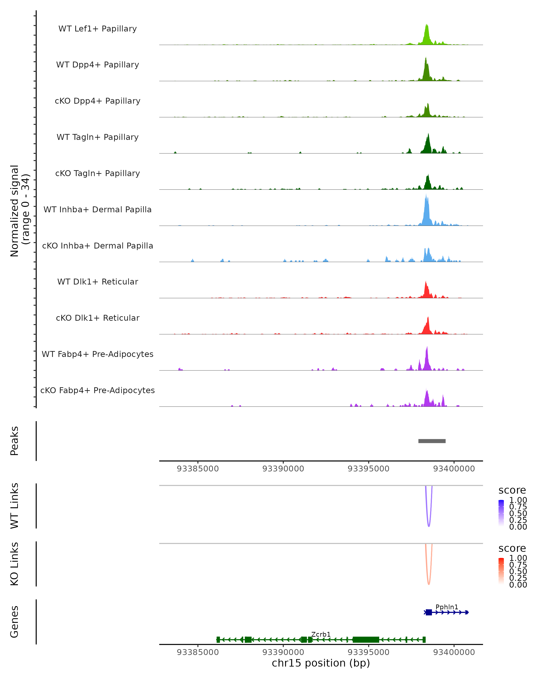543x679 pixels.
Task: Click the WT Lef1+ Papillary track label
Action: click(x=98, y=29)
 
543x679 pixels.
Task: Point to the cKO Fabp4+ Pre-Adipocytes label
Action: click(x=98, y=390)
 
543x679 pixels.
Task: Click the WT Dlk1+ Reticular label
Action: click(x=98, y=282)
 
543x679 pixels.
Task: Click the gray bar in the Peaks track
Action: click(x=432, y=441)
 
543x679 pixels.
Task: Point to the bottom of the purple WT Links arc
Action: click(x=429, y=526)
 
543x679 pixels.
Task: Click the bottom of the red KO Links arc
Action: click(x=429, y=584)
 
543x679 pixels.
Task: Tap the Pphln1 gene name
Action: click(x=447, y=607)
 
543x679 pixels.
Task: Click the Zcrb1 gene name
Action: click(x=321, y=634)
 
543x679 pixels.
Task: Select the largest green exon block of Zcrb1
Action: click(x=366, y=640)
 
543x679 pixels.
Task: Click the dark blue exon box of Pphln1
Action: click(x=429, y=612)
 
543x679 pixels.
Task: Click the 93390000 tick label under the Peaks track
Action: click(x=283, y=469)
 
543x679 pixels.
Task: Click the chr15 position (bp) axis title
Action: click(x=321, y=663)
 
